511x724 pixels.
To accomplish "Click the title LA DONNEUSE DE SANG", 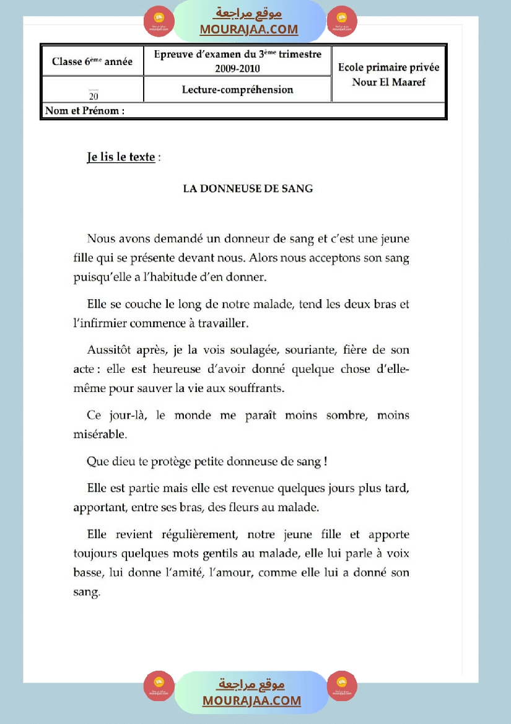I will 248,189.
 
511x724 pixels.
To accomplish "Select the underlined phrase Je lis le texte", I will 121,157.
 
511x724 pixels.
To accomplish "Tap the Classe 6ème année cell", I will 92,61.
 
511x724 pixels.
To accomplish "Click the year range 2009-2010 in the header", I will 237,69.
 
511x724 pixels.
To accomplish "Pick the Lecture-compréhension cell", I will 237,90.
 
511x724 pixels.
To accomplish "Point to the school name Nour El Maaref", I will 388,82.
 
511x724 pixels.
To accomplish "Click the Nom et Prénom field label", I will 84,111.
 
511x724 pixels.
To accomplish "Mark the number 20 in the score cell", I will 93,96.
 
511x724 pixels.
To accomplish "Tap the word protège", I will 163,462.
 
